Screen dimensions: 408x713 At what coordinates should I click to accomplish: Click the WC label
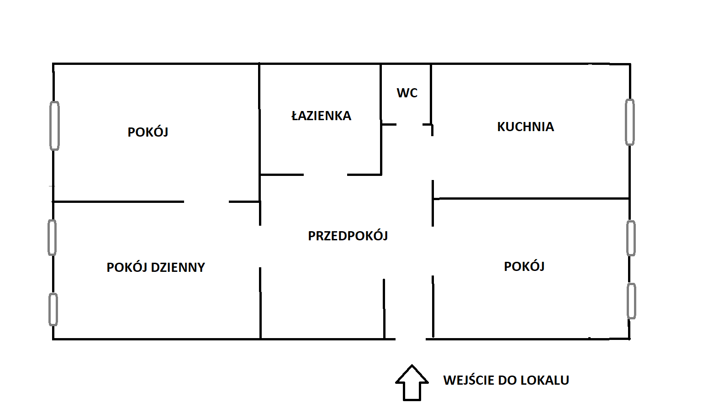[407, 93]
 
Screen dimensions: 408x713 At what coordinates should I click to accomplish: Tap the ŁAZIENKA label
[321, 116]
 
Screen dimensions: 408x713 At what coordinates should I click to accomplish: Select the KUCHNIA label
[525, 127]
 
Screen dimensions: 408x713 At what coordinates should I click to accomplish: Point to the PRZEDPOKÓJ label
[348, 236]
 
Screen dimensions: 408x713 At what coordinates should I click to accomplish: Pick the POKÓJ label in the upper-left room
[148, 132]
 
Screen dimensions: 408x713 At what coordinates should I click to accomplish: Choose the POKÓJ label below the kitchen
[524, 267]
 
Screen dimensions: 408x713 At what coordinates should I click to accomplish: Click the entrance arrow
[412, 382]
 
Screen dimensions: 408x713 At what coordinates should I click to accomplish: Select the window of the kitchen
[629, 122]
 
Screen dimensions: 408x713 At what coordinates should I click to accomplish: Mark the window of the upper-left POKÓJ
[54, 126]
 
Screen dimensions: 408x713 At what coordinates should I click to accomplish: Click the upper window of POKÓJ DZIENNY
[53, 237]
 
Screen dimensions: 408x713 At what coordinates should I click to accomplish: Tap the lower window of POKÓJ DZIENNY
[53, 309]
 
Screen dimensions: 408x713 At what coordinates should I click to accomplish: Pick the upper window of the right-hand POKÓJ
[631, 238]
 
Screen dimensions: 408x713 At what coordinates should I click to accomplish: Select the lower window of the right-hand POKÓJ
[631, 301]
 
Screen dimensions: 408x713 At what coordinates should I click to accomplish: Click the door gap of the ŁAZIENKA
[325, 175]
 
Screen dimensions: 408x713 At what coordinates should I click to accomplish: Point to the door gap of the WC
[409, 124]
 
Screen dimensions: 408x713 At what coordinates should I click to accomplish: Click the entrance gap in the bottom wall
[410, 339]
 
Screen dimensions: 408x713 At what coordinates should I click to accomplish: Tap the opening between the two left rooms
[206, 201]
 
